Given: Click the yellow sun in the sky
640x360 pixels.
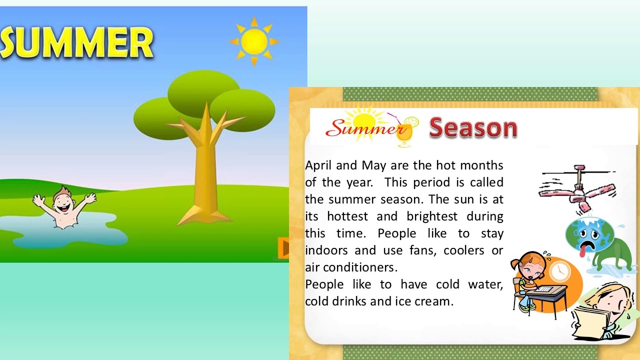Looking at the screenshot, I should coord(254,41).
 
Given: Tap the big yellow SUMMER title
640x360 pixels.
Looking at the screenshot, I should coord(76,43).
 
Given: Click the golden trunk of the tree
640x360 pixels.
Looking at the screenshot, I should coord(205,175).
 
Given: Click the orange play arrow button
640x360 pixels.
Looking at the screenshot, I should coord(283,248).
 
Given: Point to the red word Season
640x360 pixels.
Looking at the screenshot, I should coord(473,128).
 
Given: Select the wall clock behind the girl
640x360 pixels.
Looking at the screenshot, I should coord(559,272).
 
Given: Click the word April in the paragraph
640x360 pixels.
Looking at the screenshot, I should coord(318,165).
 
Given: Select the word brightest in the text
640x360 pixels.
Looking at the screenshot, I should coord(431,216).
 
